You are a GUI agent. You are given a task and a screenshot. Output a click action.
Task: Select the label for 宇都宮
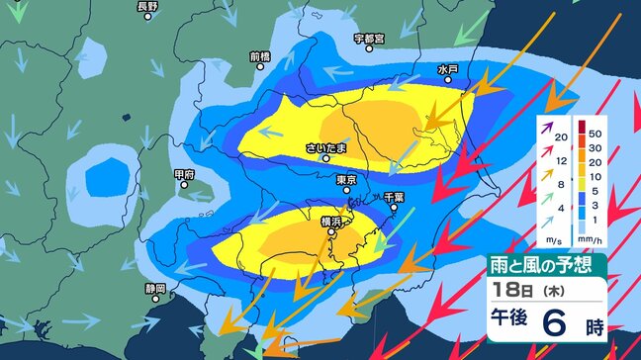coord(370,39)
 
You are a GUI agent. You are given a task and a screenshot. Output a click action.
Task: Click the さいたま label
coord(326,148)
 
